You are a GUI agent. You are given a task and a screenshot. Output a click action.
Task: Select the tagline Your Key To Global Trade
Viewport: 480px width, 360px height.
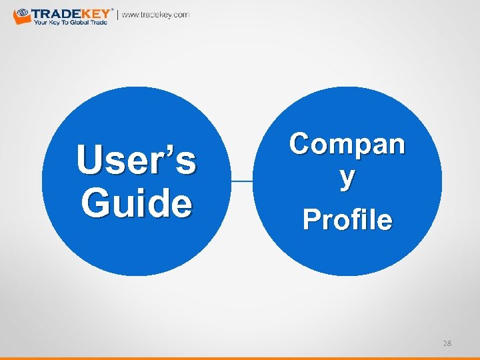(x=70, y=22)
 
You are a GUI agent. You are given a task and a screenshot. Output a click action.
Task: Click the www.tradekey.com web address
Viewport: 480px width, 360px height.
(x=155, y=15)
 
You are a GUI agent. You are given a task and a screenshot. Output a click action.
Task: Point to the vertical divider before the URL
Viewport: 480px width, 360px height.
(x=118, y=15)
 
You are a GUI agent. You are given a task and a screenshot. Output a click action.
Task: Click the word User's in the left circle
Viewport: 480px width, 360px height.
(x=136, y=161)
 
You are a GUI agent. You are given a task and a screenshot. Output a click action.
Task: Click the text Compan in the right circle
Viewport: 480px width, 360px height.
(x=347, y=143)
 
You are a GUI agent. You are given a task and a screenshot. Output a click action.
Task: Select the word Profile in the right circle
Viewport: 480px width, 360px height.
(x=347, y=219)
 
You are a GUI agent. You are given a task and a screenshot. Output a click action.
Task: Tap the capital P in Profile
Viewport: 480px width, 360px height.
(x=312, y=219)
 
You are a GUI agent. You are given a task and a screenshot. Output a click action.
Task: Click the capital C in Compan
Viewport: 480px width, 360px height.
(x=301, y=143)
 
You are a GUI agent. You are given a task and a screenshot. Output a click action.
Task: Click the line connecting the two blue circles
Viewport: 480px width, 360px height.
(x=242, y=181)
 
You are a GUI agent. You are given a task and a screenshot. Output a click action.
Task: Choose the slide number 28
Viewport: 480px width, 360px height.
(x=447, y=343)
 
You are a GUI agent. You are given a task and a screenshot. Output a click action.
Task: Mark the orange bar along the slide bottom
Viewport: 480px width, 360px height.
(x=240, y=358)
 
